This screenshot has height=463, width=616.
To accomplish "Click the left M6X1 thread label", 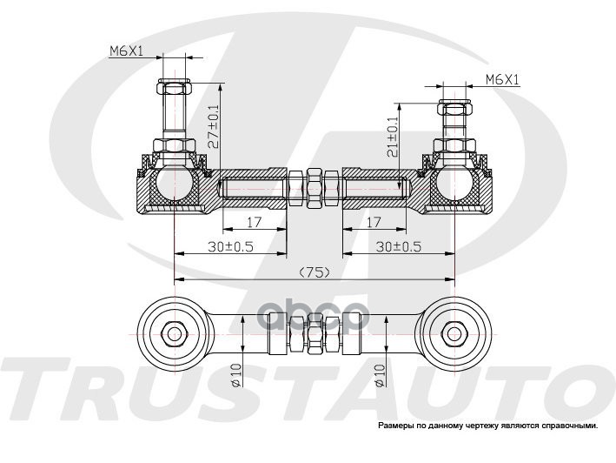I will point(126,52).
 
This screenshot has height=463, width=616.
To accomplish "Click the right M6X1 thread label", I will point(501,80).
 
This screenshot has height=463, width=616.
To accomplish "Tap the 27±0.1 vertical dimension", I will point(215,126).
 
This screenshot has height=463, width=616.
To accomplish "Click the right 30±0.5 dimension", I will point(401,246).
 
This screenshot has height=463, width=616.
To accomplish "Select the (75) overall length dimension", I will point(314,272).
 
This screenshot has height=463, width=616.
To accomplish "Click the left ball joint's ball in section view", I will point(174,184).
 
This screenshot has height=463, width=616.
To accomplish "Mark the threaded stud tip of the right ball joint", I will point(454,110).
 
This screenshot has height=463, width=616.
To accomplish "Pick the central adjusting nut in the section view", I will point(314,187).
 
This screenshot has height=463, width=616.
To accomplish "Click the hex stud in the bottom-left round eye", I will point(174,332).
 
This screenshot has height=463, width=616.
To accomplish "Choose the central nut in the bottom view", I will point(314,332).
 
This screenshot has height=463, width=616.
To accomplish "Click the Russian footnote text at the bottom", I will point(487,426).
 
